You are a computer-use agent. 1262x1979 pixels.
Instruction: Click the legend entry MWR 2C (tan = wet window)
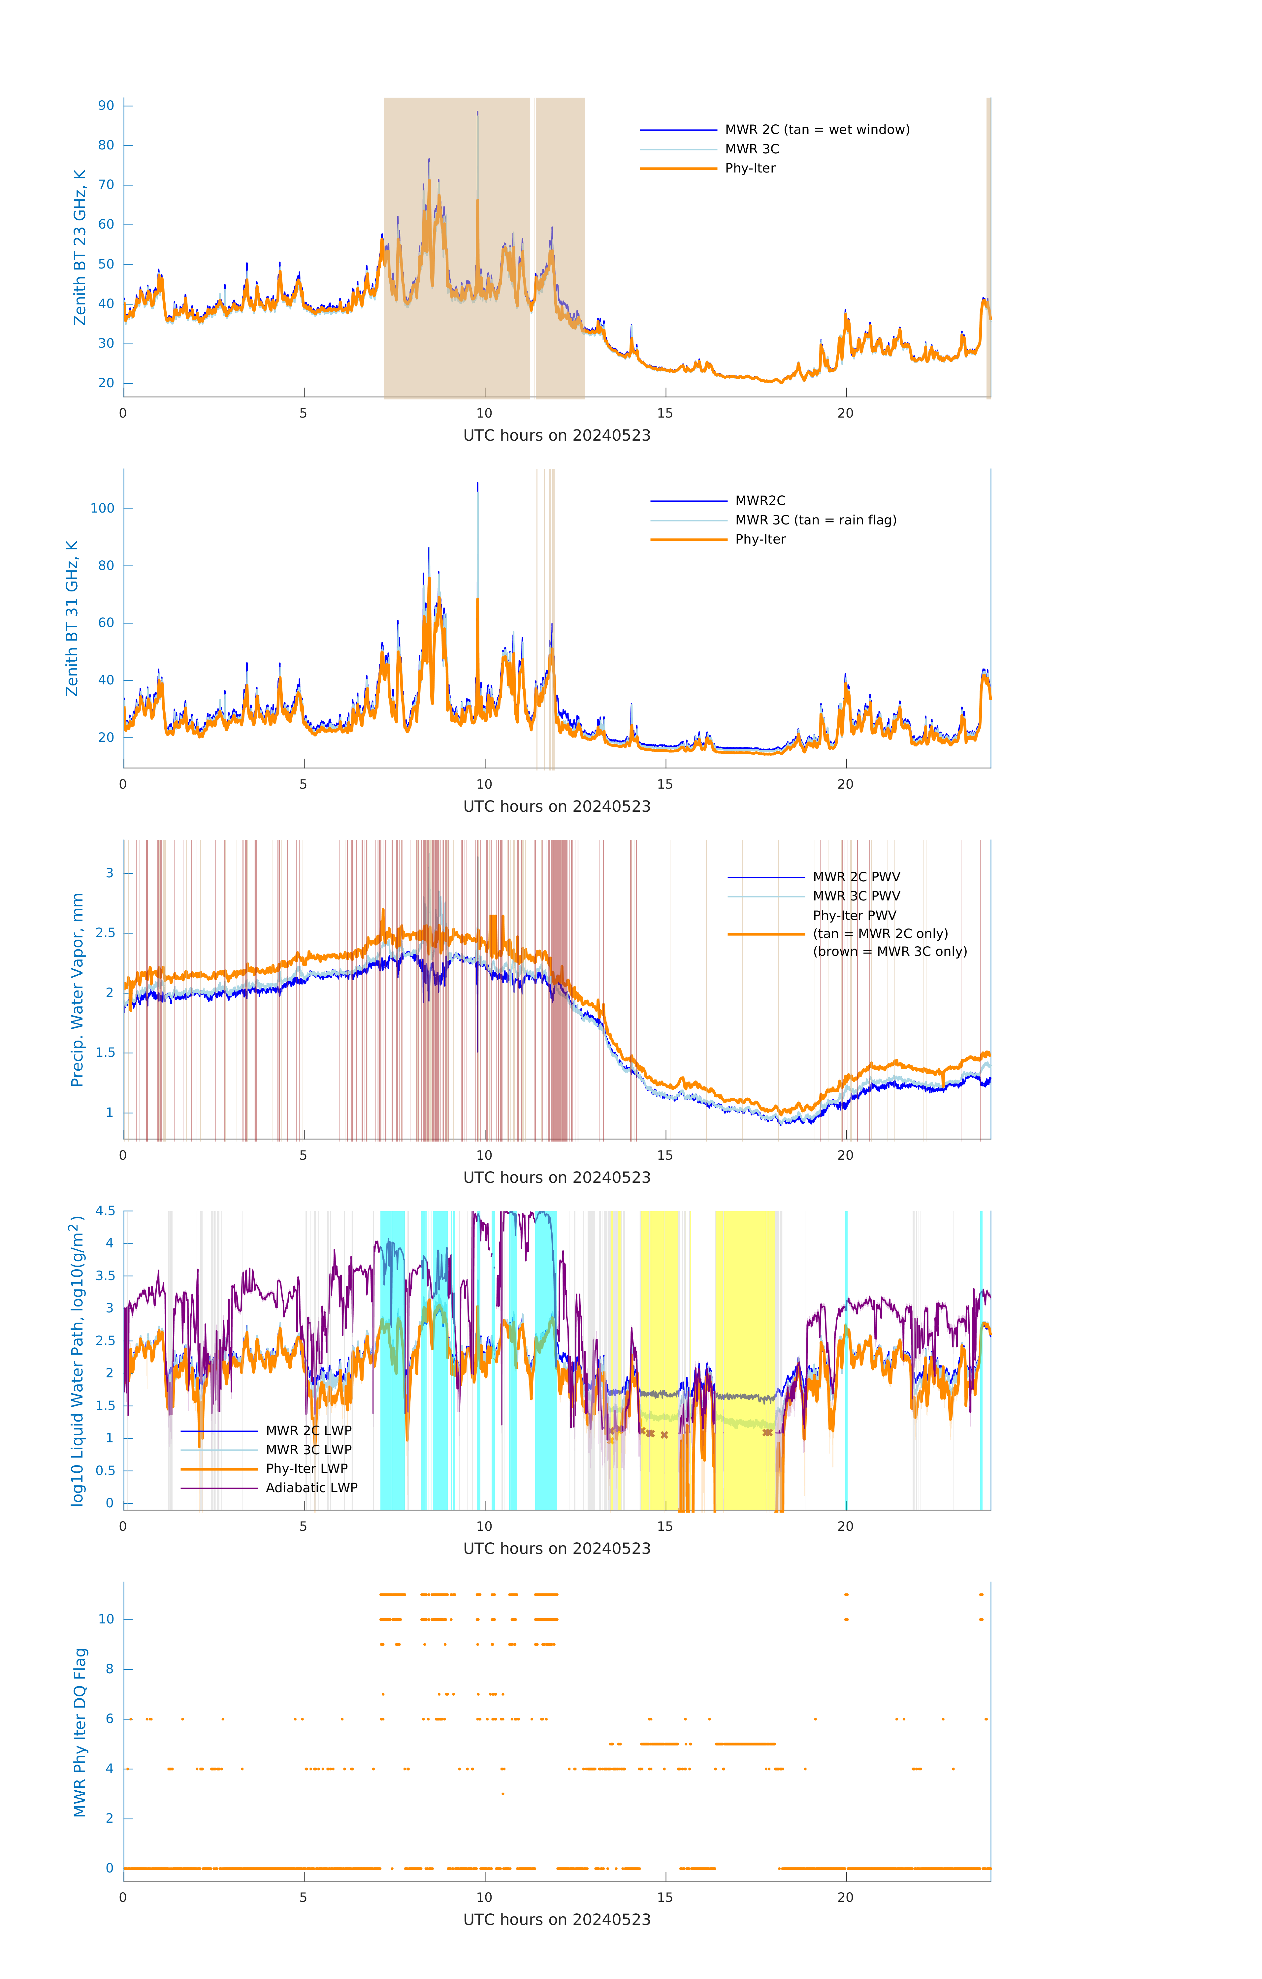pyautogui.click(x=816, y=130)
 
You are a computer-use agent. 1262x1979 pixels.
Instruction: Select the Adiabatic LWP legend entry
pyautogui.click(x=311, y=1488)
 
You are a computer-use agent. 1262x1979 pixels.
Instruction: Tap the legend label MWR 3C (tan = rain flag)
pyautogui.click(x=815, y=520)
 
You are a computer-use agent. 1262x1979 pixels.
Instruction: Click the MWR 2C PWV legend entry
pyautogui.click(x=856, y=877)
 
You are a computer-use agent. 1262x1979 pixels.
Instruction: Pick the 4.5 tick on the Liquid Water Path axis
pyautogui.click(x=105, y=1210)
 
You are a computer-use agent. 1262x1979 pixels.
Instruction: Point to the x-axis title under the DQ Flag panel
pyautogui.click(x=557, y=1920)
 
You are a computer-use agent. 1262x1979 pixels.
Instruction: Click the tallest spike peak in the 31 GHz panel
pyautogui.click(x=478, y=484)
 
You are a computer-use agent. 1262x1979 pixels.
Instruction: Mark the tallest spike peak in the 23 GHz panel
pyautogui.click(x=478, y=112)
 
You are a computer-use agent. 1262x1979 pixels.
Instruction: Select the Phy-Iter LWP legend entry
pyautogui.click(x=306, y=1469)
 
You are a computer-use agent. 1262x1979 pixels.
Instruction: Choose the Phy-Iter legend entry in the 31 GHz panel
pyautogui.click(x=760, y=539)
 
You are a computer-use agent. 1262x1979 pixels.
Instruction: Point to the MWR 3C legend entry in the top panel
pyautogui.click(x=752, y=149)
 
